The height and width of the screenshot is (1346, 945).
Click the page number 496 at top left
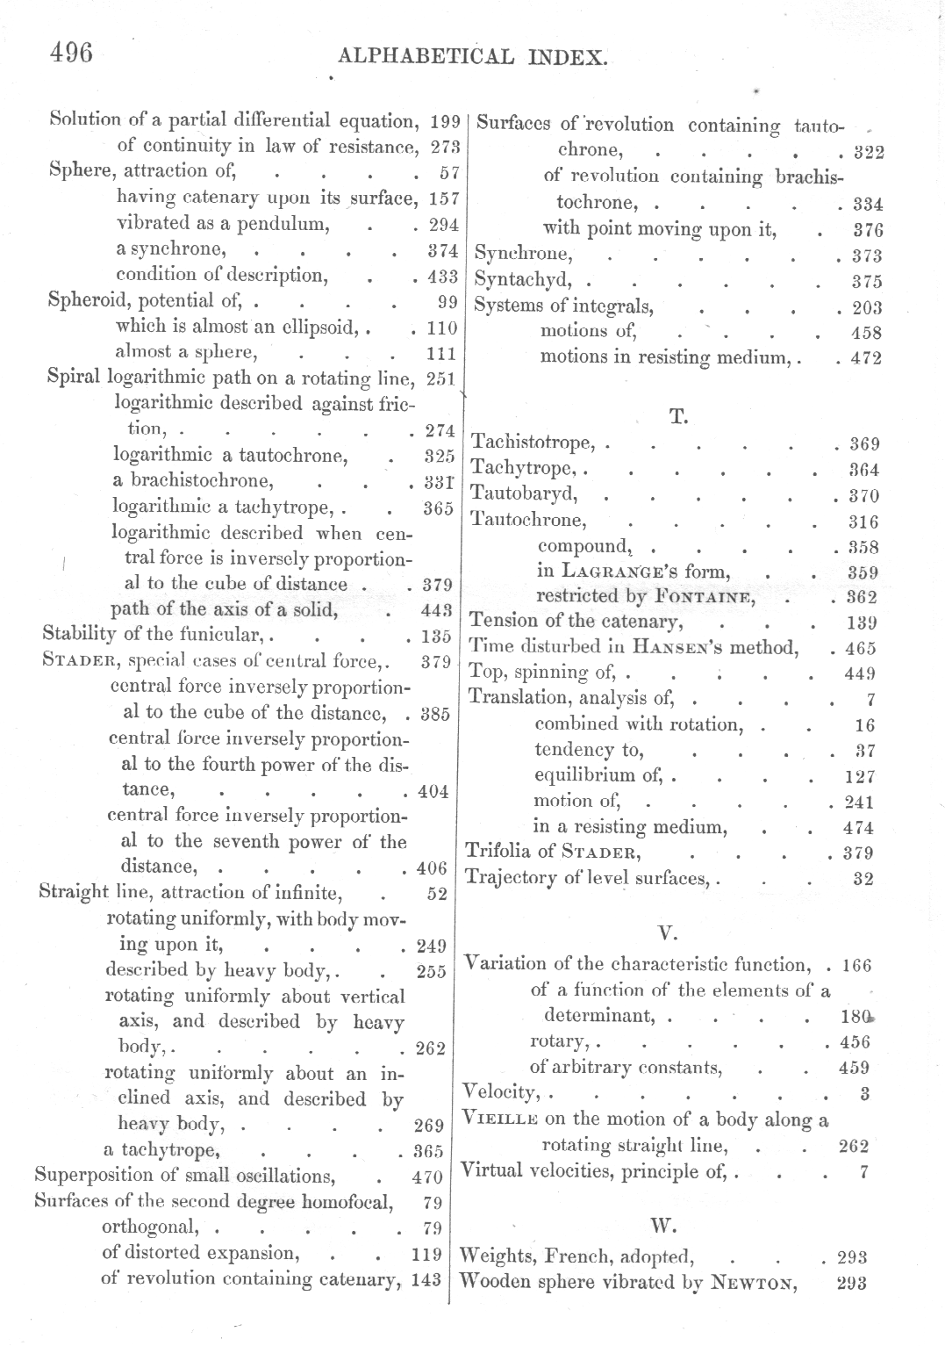pyautogui.click(x=71, y=53)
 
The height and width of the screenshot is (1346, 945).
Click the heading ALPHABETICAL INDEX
pyautogui.click(x=472, y=58)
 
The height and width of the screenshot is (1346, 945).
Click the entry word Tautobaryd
pyautogui.click(x=524, y=494)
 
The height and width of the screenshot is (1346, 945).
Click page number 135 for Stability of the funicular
pyautogui.click(x=434, y=636)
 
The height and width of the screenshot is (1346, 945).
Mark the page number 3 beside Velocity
pyautogui.click(x=864, y=1094)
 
